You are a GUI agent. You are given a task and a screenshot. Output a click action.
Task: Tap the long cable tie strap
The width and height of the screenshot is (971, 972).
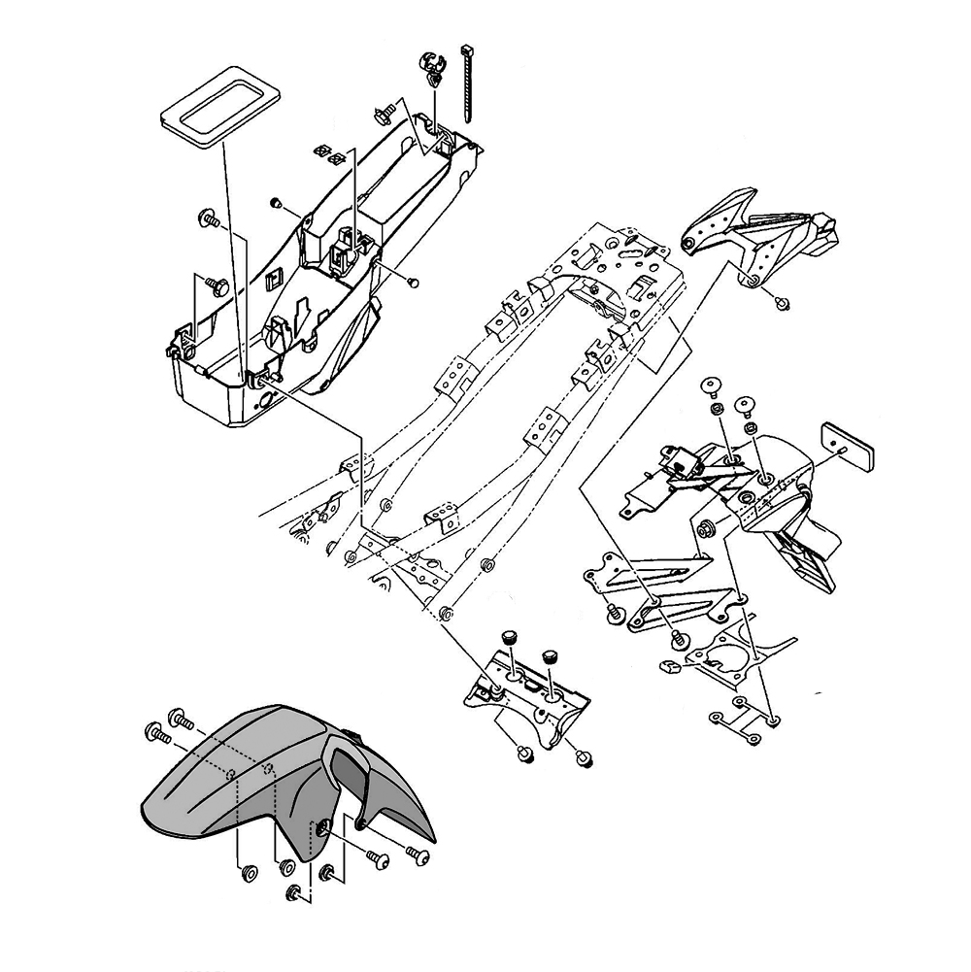pos(469,84)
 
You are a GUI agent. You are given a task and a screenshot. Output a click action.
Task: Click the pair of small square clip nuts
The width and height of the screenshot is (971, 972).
pos(330,154)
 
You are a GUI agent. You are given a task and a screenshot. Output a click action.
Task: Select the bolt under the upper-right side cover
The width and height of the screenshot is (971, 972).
pos(782,300)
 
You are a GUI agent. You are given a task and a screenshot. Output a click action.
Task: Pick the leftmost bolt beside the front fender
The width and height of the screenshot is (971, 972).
pos(155,732)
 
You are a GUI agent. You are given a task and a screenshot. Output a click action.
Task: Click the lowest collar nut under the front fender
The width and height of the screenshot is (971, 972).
pos(292,891)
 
